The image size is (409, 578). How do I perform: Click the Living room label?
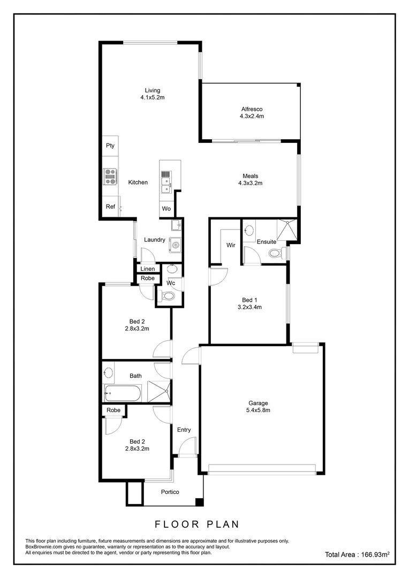[152, 90]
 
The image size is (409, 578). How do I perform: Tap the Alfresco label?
[251, 109]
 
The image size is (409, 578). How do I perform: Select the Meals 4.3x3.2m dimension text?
[250, 183]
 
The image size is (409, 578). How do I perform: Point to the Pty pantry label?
[110, 146]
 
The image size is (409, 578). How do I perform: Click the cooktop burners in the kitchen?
[110, 176]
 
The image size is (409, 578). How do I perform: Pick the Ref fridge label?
[110, 207]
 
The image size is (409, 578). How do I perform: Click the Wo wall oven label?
[166, 209]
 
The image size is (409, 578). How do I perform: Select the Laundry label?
[154, 240]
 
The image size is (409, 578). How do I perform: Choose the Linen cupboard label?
[148, 269]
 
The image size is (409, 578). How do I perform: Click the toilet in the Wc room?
[169, 296]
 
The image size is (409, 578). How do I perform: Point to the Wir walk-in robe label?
[231, 245]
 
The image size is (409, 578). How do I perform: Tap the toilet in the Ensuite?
[274, 253]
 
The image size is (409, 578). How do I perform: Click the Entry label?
[184, 430]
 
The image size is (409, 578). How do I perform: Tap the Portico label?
[170, 492]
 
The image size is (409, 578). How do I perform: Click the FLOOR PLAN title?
[197, 524]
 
